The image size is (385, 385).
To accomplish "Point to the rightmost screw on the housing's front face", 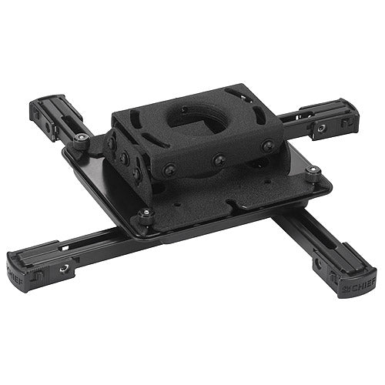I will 268,146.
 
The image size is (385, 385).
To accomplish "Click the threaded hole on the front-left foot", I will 65,267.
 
